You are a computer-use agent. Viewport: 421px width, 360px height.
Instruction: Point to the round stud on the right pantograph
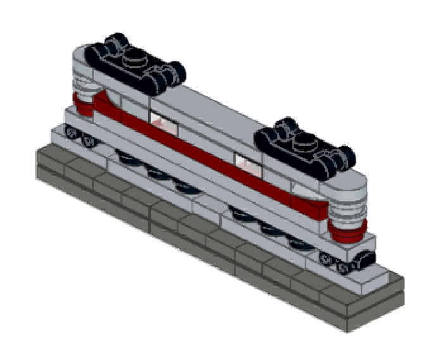(305, 142)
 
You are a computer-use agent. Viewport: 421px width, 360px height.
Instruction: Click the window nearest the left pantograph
(161, 118)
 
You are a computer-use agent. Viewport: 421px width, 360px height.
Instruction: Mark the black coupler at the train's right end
(366, 259)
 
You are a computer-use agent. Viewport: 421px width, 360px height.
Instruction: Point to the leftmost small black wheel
(71, 133)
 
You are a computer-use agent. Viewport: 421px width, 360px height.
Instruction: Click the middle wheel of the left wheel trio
(155, 171)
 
